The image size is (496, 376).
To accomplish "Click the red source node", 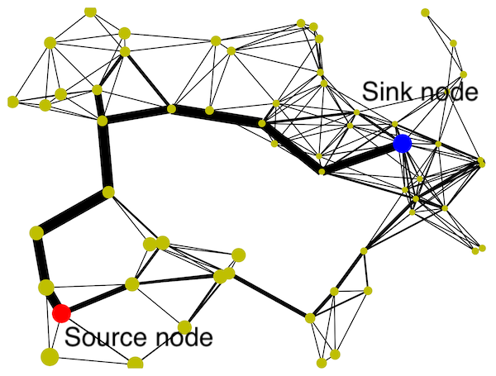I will (x=60, y=313).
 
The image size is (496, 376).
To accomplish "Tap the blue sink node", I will (x=402, y=144).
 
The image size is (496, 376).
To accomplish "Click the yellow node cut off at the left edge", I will (x=12, y=102).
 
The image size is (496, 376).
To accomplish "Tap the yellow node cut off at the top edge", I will (x=90, y=11).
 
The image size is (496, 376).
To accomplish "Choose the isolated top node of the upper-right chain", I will (x=425, y=12).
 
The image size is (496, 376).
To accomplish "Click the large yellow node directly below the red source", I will (x=49, y=356).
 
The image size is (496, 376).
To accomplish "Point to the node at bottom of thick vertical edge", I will (x=107, y=193).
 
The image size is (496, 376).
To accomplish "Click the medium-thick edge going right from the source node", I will (x=96, y=298).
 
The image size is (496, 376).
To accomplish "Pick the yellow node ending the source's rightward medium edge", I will (x=131, y=284).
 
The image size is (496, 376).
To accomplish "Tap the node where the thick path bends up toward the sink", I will (x=321, y=171).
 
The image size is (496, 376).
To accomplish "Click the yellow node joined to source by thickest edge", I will (x=46, y=288).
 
